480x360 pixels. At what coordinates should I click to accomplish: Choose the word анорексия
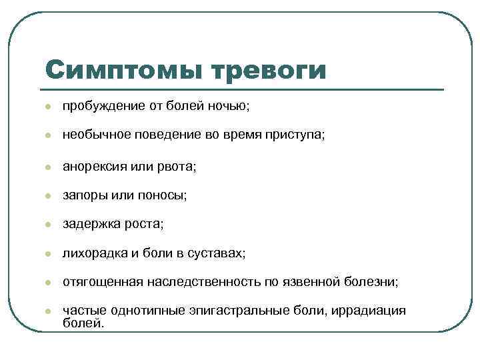coord(93,165)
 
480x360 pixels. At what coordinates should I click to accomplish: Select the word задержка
coord(90,224)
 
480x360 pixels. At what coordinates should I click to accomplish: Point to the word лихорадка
coord(93,253)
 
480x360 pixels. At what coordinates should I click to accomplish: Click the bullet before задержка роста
coord(47,225)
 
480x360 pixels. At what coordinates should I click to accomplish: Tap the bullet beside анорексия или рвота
coord(47,166)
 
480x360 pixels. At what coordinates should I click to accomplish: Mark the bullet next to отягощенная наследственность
coord(47,283)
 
